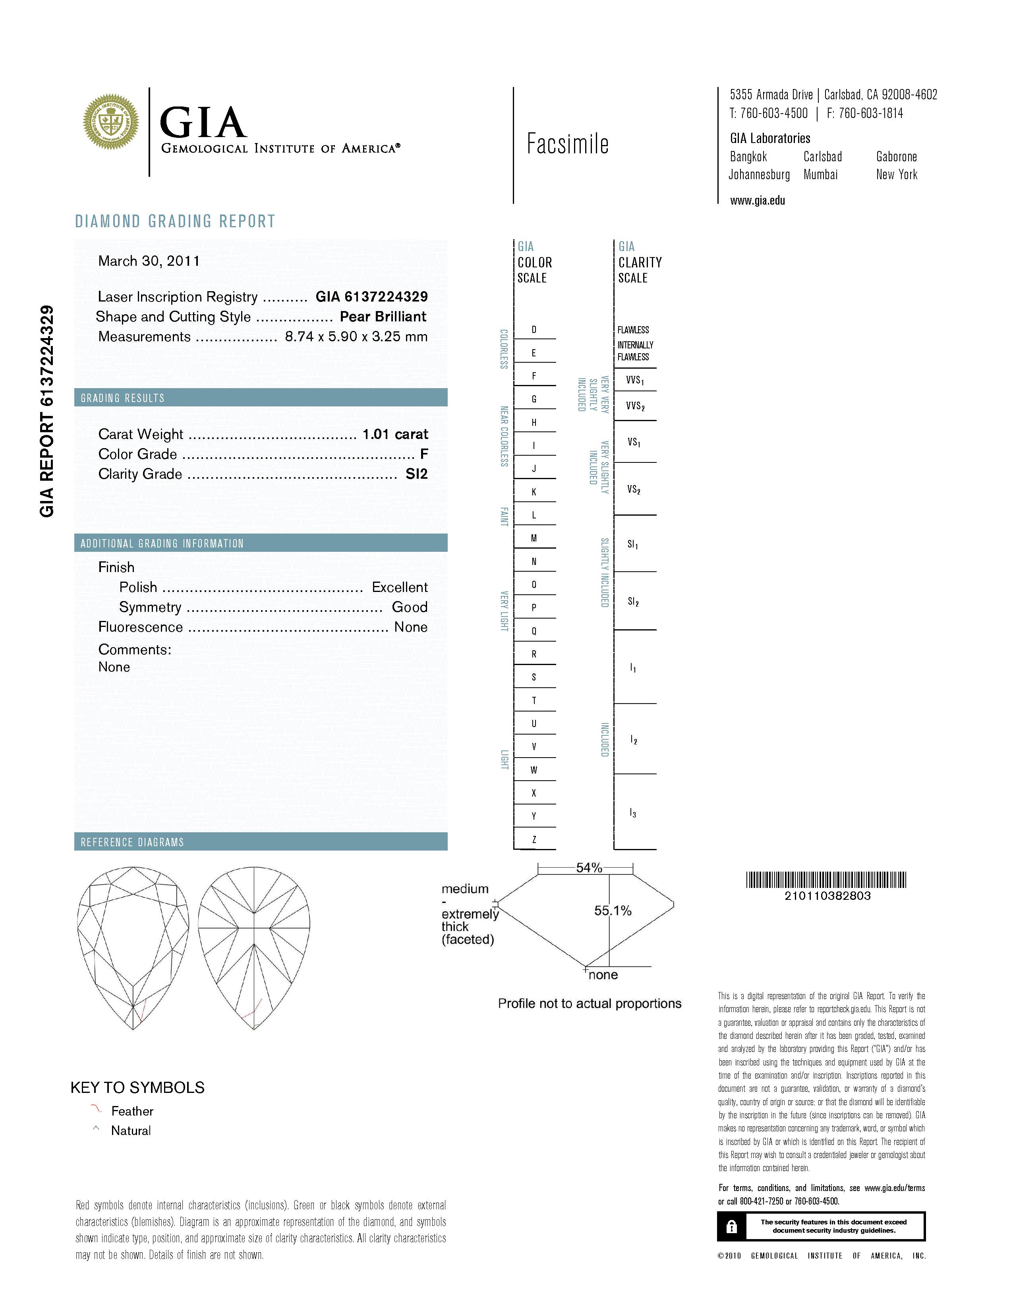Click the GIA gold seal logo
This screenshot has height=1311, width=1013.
[110, 122]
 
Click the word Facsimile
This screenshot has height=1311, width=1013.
[567, 144]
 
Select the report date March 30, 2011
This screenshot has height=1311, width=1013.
[149, 261]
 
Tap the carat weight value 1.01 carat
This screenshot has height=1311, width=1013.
[395, 434]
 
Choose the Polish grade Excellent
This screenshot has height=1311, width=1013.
[400, 587]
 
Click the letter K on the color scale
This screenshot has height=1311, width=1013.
[534, 492]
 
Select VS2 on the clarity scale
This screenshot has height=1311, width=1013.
[634, 490]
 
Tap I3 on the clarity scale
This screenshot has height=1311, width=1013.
[633, 813]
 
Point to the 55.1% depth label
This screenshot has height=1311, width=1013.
[613, 911]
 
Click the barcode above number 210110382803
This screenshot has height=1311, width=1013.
[826, 880]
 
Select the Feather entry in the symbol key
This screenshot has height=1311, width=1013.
[132, 1111]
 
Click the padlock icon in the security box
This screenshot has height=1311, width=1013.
[731, 1226]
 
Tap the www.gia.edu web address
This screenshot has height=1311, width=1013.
[757, 201]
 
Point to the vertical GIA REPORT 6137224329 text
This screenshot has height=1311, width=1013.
[47, 411]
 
